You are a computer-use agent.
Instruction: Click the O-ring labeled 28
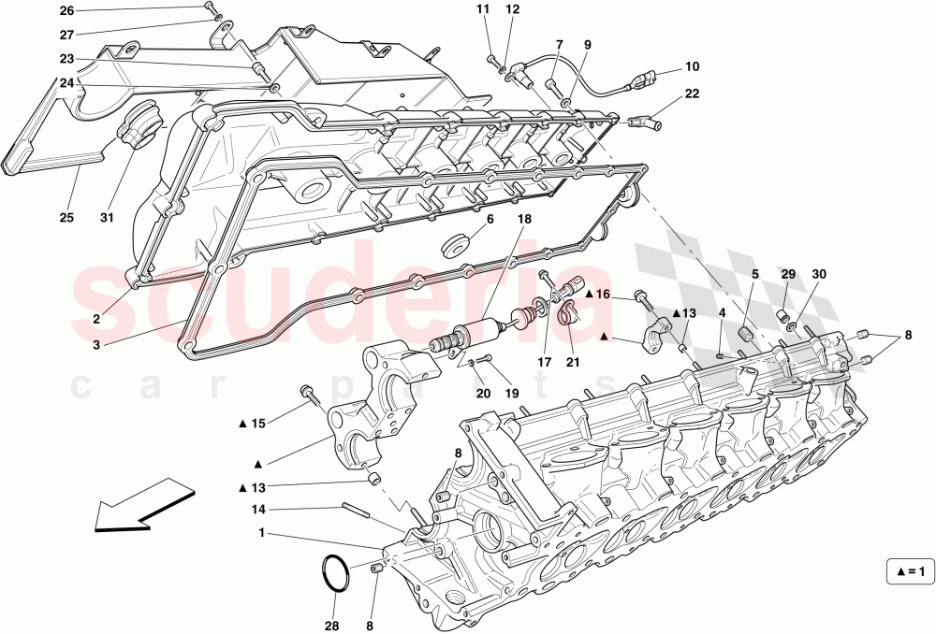tap(336, 573)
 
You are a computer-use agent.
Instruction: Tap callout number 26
tap(66, 11)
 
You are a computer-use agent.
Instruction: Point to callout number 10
tap(692, 67)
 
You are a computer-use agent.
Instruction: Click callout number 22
tap(692, 94)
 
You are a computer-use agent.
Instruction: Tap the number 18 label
tap(524, 219)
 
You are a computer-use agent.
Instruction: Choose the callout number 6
tap(490, 219)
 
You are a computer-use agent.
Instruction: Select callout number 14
tap(258, 509)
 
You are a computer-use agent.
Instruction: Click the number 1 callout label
tap(261, 534)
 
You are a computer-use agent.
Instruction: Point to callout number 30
tap(820, 274)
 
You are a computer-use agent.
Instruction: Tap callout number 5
tap(753, 274)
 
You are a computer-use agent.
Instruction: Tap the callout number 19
tap(512, 394)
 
